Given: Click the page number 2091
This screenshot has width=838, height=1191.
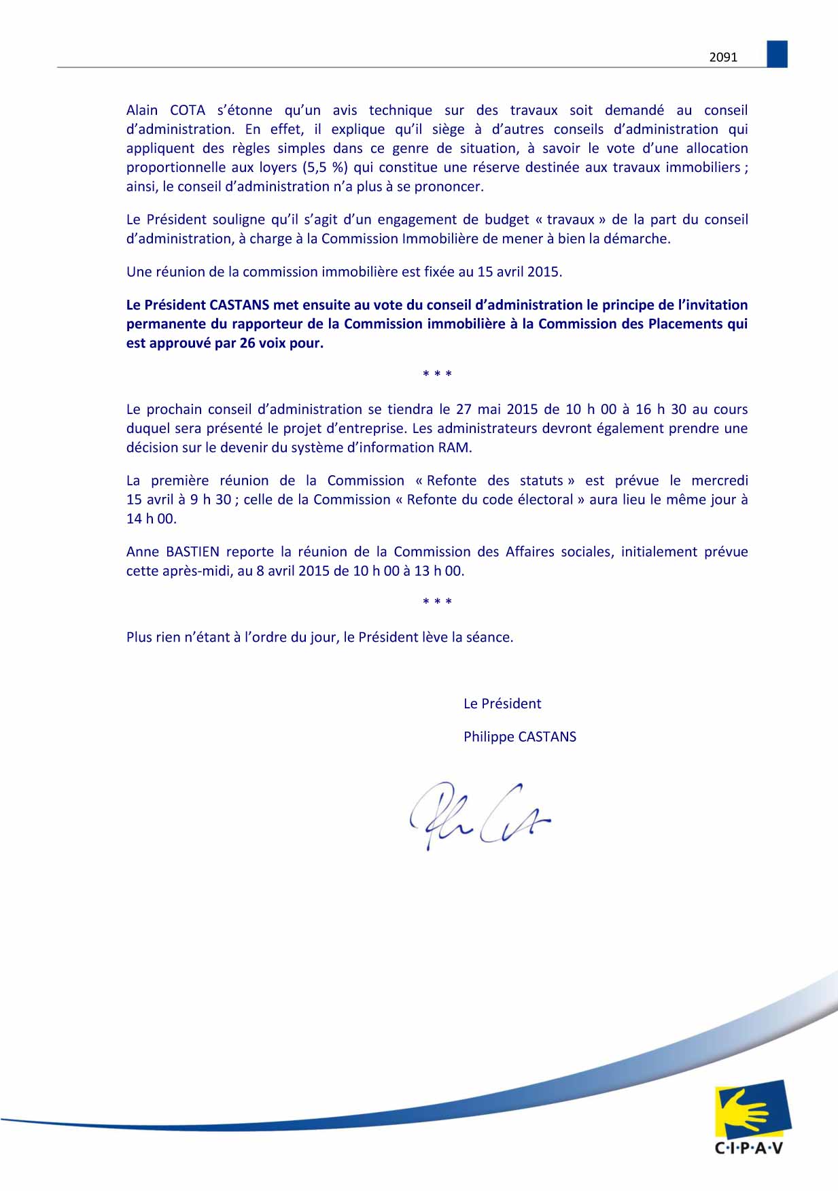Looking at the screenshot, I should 723,57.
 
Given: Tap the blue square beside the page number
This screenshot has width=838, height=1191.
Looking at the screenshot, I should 777,54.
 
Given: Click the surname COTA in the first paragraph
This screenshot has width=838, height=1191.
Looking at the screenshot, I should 187,110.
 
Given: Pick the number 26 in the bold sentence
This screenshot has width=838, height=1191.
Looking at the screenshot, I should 247,343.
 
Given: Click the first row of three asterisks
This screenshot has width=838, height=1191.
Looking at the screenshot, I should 437,374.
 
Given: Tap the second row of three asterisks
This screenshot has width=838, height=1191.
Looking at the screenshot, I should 437,602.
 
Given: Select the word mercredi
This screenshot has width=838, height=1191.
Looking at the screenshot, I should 719,481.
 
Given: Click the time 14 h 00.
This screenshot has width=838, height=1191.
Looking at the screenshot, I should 151,519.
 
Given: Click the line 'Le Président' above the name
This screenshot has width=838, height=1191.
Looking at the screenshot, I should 502,704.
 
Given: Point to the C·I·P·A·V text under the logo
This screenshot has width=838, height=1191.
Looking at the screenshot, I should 749,1148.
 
